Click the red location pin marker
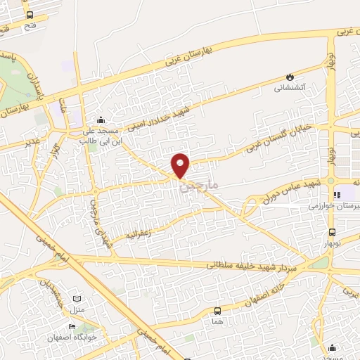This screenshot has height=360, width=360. pos(181,165)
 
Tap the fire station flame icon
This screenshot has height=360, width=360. pos(289,77)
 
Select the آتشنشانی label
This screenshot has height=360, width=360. pos(289,89)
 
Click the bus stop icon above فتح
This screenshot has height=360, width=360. pos(30,15)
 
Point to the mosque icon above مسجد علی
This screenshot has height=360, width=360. pos(102,120)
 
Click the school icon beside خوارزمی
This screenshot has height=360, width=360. pos(337,195)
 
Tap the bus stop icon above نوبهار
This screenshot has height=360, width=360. pos(331,233)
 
